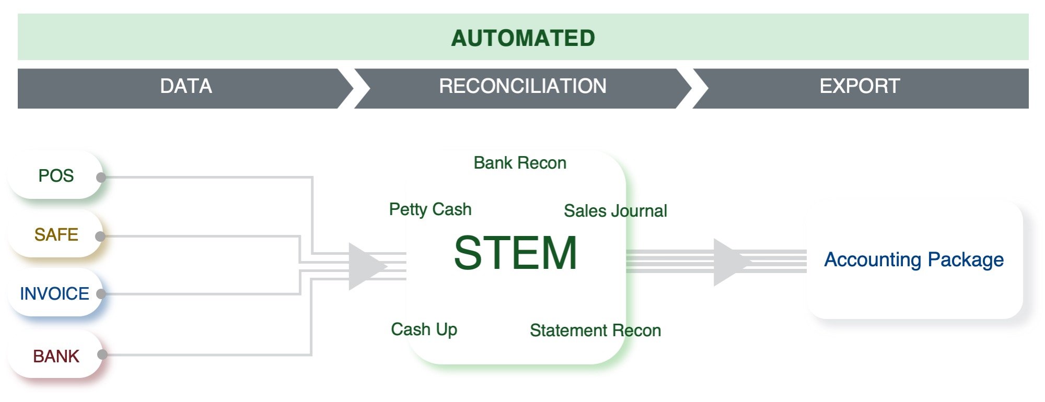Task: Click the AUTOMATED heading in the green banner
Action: pyautogui.click(x=523, y=38)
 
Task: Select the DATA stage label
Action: pyautogui.click(x=186, y=86)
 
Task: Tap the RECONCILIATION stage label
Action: pyautogui.click(x=522, y=86)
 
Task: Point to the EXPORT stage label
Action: pyautogui.click(x=860, y=86)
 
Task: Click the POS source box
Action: pyautogui.click(x=56, y=176)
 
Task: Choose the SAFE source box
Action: pyautogui.click(x=56, y=235)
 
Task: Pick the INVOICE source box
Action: pyautogui.click(x=54, y=294)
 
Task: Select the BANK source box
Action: pyautogui.click(x=56, y=357)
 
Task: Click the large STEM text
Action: pyautogui.click(x=516, y=253)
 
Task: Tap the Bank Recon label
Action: pyautogui.click(x=520, y=163)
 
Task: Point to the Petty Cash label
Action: pyautogui.click(x=430, y=209)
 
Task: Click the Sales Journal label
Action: pyautogui.click(x=615, y=211)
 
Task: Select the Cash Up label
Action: pyautogui.click(x=424, y=329)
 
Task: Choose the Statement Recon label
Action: pyautogui.click(x=595, y=330)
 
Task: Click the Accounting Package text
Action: pyautogui.click(x=914, y=259)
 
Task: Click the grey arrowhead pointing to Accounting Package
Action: pyautogui.click(x=729, y=262)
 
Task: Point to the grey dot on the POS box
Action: pyautogui.click(x=101, y=178)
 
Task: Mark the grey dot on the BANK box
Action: pyautogui.click(x=102, y=354)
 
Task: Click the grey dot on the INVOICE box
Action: pyautogui.click(x=101, y=294)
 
